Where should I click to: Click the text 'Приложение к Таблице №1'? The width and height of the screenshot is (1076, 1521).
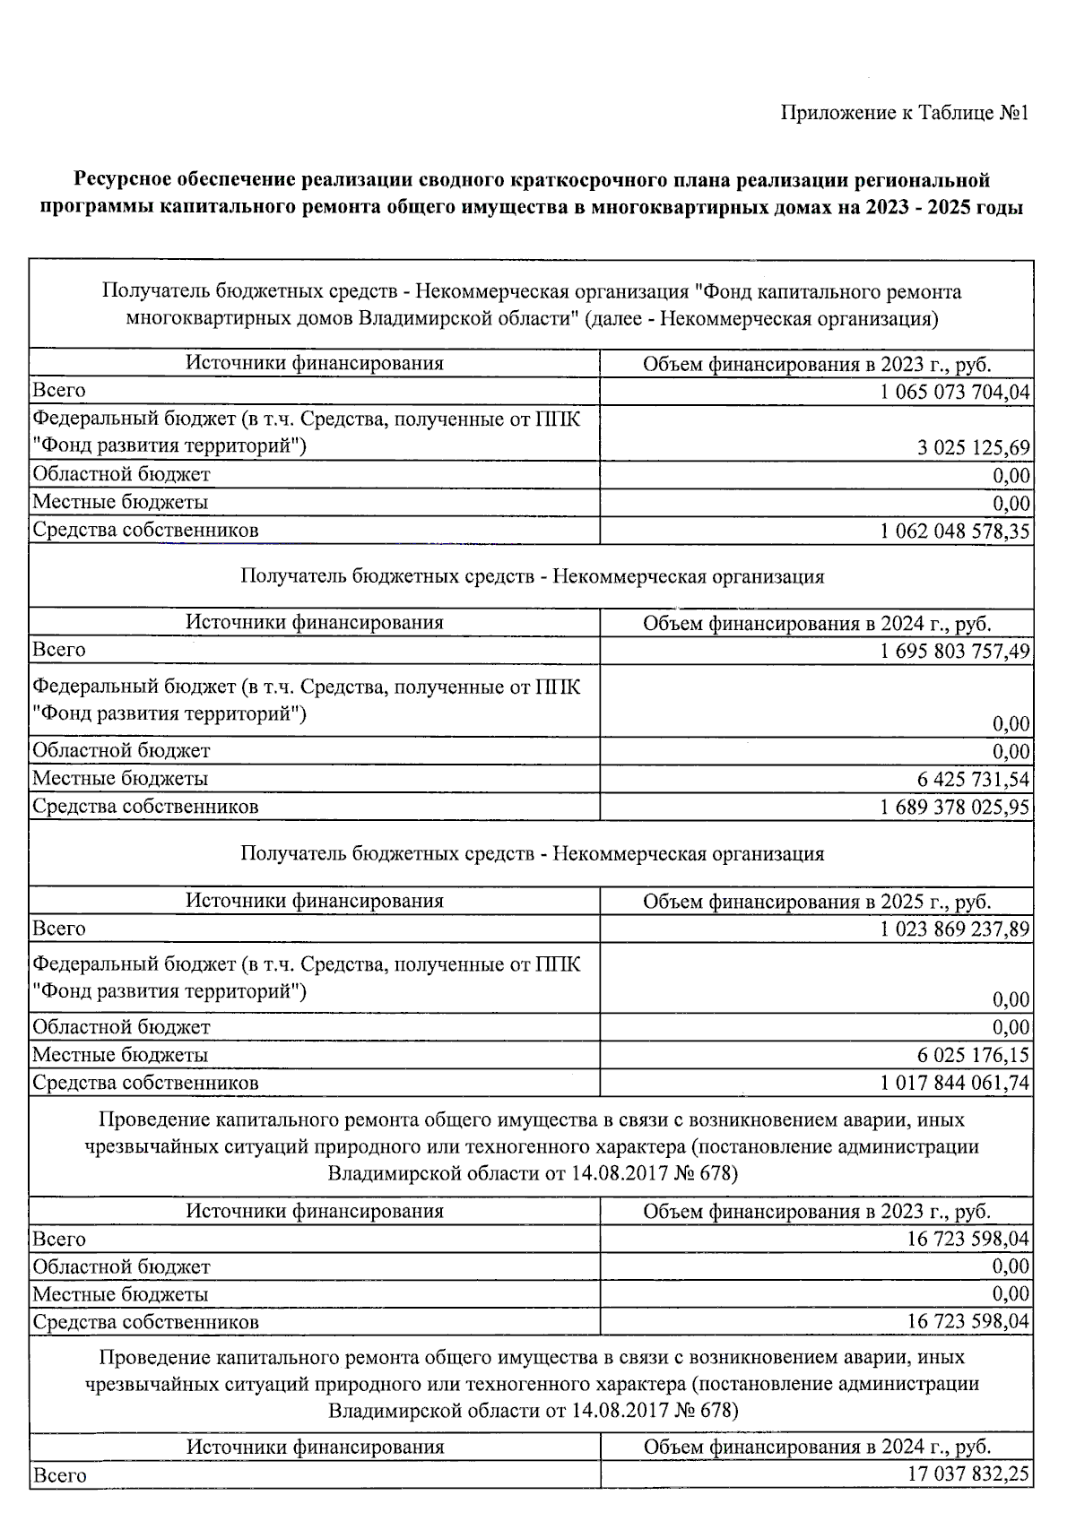(904, 113)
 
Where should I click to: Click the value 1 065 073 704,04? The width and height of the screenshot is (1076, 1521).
(955, 392)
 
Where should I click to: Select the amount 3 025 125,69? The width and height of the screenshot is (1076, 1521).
(973, 447)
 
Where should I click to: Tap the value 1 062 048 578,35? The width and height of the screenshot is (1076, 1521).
(955, 531)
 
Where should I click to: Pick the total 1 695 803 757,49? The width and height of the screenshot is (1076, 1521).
(955, 651)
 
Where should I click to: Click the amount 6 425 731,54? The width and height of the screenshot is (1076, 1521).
(973, 779)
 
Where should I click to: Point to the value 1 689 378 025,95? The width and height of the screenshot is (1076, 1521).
(955, 807)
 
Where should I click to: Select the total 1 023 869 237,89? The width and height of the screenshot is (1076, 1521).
(955, 929)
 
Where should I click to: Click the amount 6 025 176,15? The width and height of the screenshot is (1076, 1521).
(973, 1055)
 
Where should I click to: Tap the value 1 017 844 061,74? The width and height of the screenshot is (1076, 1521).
(955, 1083)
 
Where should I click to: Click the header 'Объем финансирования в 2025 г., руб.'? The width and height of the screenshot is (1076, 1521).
(816, 901)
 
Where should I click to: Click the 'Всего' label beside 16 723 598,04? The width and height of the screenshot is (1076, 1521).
(59, 1240)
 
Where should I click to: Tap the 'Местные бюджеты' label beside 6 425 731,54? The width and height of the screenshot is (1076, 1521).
(120, 779)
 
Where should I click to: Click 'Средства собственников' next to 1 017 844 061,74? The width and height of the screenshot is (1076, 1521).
(145, 1083)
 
